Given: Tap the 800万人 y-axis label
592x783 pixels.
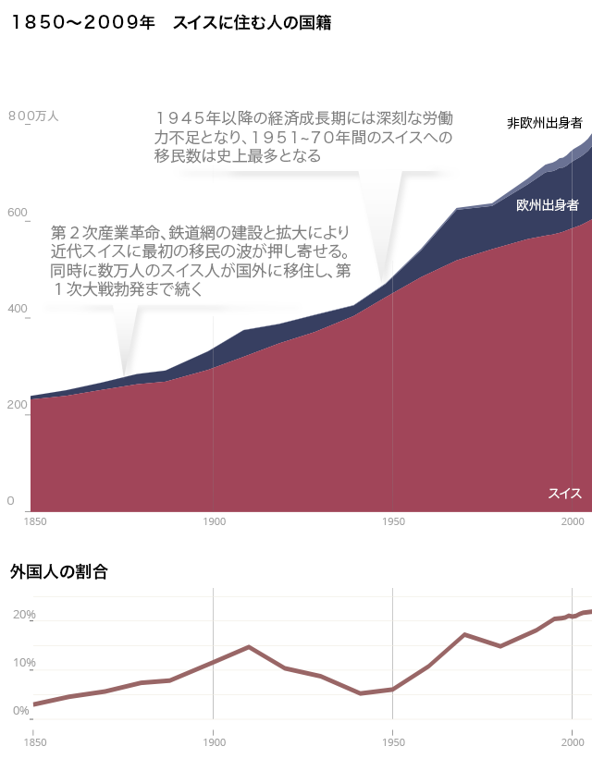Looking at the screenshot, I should (33, 116).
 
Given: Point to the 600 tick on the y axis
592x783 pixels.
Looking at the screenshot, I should (18, 214).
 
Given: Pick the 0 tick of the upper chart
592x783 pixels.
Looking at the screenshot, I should (12, 502).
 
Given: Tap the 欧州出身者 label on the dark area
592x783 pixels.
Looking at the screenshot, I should (548, 204).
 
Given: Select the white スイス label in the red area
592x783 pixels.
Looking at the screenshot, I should (564, 494).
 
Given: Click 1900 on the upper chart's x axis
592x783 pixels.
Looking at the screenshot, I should (214, 522).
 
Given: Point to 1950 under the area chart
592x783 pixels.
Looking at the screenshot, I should (393, 522).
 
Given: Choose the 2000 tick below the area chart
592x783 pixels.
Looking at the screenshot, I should (572, 522).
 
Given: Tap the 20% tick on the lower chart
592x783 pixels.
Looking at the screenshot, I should (24, 616).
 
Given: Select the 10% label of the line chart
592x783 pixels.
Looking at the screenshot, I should (24, 664).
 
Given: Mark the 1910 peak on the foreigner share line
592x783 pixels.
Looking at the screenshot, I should (249, 646).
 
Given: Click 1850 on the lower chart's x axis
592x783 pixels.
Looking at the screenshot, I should (34, 740).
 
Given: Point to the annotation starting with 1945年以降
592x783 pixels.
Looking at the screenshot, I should (303, 138).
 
